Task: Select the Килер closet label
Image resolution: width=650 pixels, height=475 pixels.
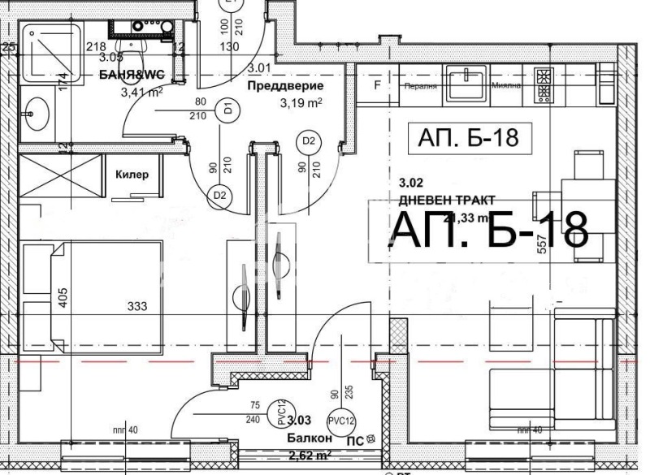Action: click(x=132, y=174)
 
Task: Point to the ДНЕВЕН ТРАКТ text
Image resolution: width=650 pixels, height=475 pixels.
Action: click(x=447, y=199)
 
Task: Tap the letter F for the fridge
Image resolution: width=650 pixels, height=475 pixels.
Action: click(x=376, y=84)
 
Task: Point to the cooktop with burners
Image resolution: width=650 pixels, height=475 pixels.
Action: click(x=543, y=86)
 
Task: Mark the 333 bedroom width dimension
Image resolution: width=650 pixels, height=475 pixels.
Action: click(x=138, y=307)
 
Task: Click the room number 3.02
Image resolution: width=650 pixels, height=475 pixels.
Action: click(x=411, y=184)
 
